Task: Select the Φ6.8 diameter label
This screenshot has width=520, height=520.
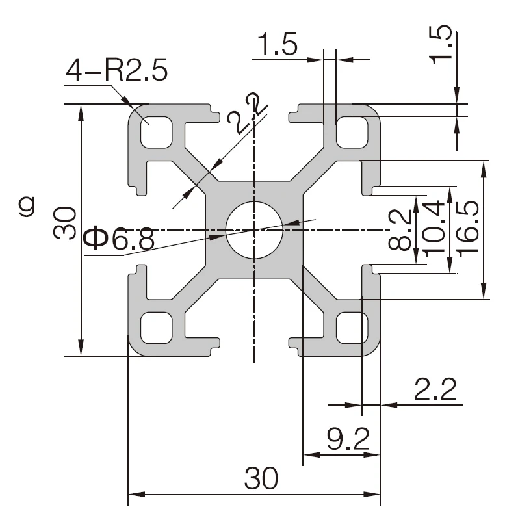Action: coord(120,240)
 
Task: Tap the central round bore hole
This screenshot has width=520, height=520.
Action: coord(254,229)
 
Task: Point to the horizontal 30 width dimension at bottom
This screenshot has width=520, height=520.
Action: coord(261,479)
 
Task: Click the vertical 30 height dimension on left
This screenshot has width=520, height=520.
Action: coord(65,223)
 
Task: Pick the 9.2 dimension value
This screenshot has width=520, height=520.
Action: coord(348,441)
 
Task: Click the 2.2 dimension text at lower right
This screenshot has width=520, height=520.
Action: coord(435,389)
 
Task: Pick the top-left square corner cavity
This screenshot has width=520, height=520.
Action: coord(157,132)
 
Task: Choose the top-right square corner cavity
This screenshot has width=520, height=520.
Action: coord(351,132)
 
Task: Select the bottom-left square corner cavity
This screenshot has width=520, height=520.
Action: coord(157,327)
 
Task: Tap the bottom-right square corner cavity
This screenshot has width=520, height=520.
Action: coord(351,327)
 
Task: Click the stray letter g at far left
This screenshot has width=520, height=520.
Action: coord(27,207)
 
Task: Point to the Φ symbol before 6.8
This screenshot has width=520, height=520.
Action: coord(97,239)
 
